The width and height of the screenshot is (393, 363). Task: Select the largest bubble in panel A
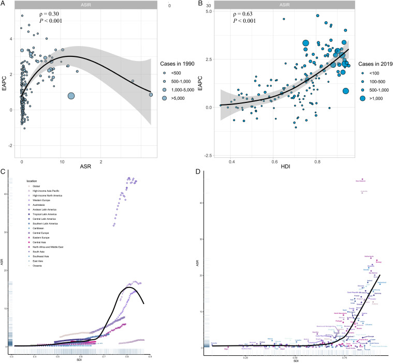(71, 96)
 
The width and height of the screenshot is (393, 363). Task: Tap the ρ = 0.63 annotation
(245, 13)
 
